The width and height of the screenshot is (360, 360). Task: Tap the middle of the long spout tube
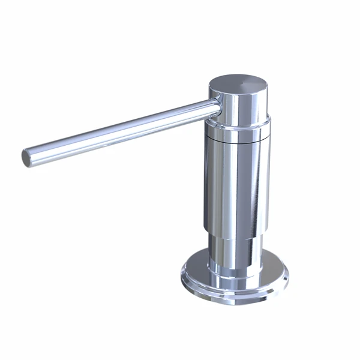(x=120, y=130)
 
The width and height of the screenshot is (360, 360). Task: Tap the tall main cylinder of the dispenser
(x=234, y=186)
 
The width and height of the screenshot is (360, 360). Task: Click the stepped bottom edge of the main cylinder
(x=234, y=236)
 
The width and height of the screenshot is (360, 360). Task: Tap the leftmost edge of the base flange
(x=181, y=277)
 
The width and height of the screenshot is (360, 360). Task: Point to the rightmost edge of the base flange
(x=287, y=277)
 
